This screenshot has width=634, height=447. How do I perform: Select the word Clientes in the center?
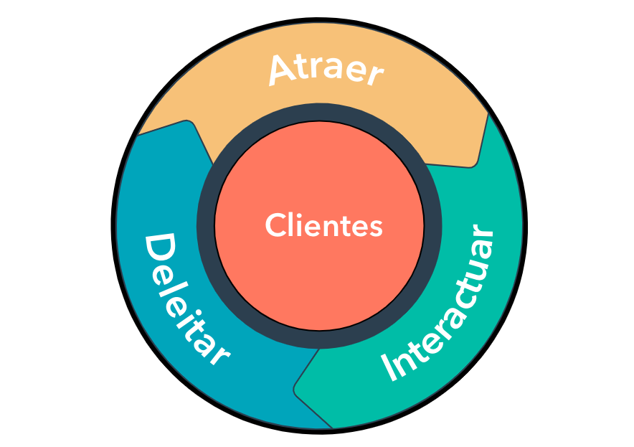pos(323,226)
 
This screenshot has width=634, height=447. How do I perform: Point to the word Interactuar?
pos(440,304)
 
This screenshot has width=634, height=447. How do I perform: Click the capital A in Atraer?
pos(283,70)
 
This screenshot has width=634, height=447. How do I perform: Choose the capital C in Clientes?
pos(276,226)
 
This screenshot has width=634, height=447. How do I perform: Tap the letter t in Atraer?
pos(309,67)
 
